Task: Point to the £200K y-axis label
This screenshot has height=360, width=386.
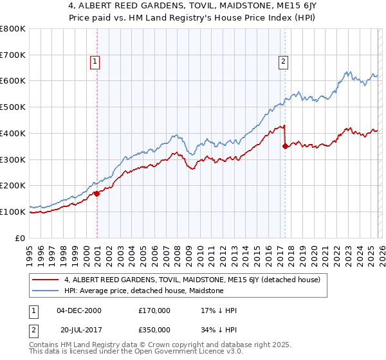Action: pos(13,186)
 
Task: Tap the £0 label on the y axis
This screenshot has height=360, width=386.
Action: pos(21,238)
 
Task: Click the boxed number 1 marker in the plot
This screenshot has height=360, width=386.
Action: pos(95,62)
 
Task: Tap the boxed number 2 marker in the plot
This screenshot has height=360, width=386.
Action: pos(283,62)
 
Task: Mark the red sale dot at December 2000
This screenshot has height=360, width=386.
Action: pos(96,193)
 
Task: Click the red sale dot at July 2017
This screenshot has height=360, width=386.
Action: pos(285,146)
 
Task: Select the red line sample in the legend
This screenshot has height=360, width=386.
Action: pos(46,280)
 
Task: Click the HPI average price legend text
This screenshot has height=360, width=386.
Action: pos(143,291)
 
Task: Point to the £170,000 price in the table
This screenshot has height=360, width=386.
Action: pos(154,310)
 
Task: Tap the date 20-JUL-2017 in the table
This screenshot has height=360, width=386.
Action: pos(79,330)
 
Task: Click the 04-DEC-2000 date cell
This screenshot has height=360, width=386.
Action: pos(79,310)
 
